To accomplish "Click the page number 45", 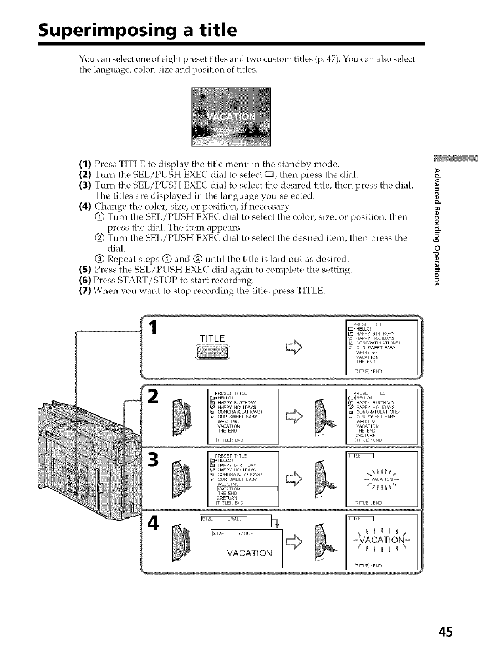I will click(x=445, y=632).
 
